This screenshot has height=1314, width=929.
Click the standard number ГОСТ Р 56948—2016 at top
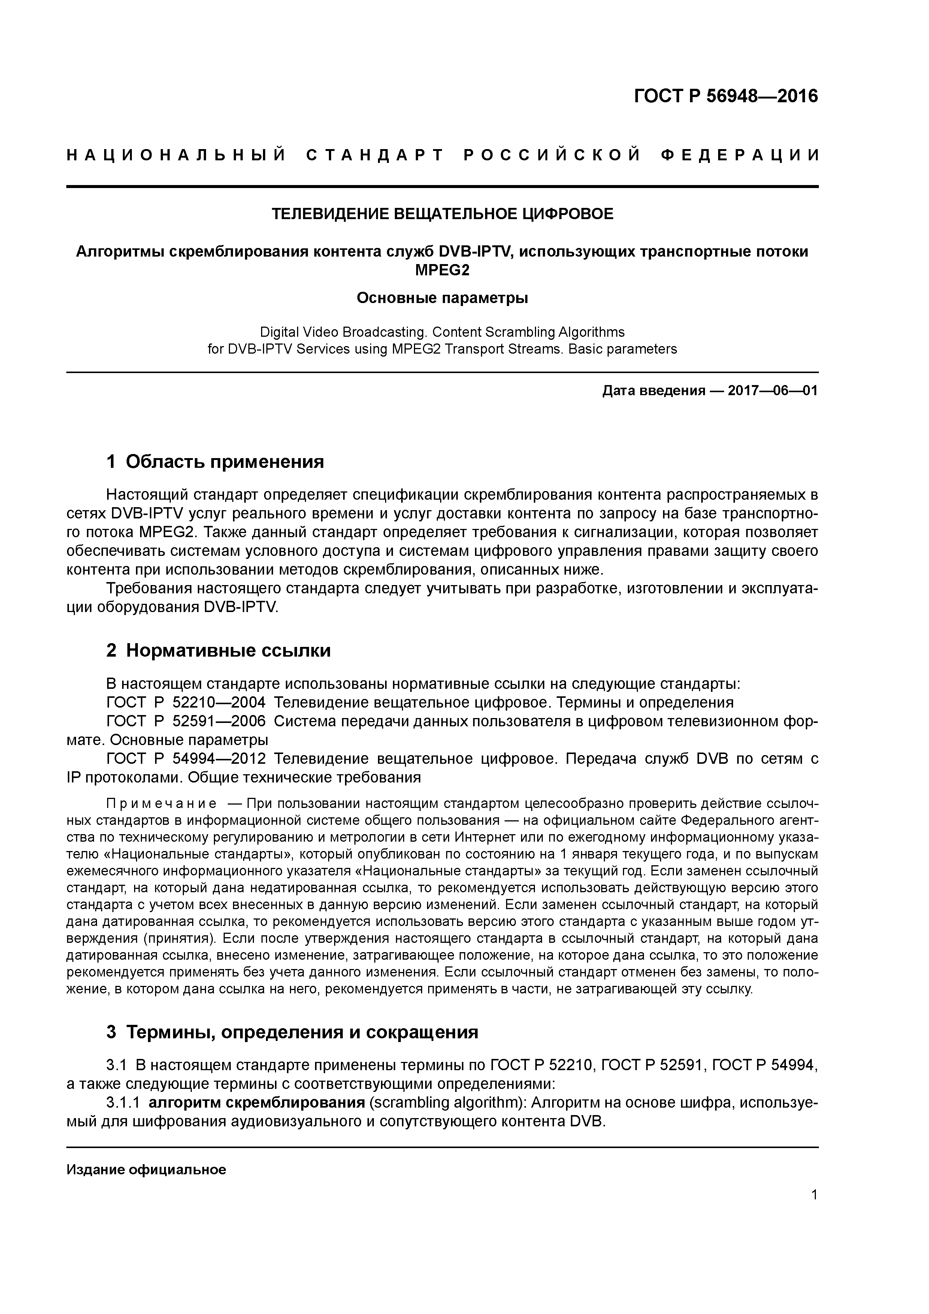(x=726, y=96)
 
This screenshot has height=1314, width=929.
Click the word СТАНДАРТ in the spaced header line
(x=375, y=155)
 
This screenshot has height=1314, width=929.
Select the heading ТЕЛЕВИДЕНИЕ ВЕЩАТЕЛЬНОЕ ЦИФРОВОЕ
(x=442, y=214)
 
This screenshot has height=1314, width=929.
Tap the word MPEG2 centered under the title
(x=442, y=270)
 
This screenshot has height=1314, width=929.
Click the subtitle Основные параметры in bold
(x=442, y=298)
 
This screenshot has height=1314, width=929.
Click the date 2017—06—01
(x=772, y=391)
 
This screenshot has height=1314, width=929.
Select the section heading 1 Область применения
(x=215, y=461)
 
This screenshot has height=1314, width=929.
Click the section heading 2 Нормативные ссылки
(x=219, y=651)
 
